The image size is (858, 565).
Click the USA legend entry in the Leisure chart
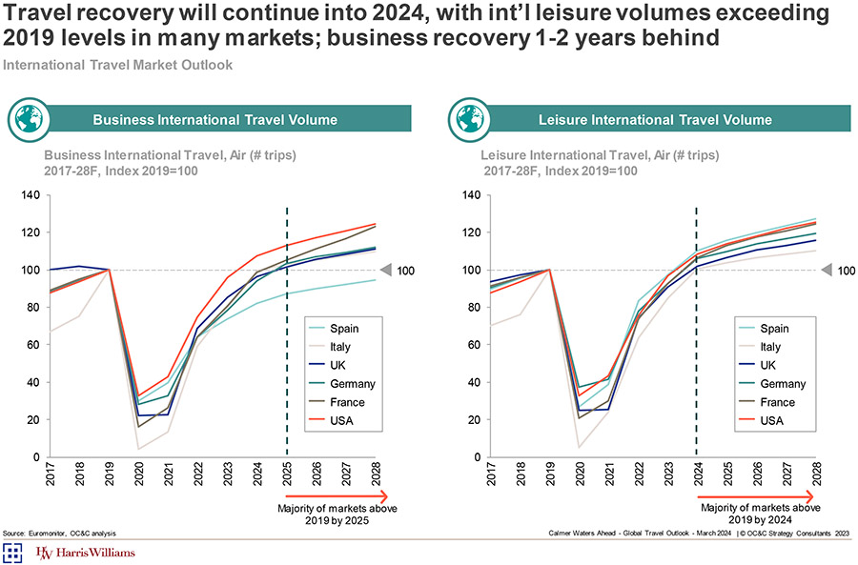click(771, 420)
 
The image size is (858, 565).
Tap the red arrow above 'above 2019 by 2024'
click(766, 495)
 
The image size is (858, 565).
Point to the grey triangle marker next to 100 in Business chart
click(385, 270)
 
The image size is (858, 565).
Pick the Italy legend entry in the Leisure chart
click(771, 347)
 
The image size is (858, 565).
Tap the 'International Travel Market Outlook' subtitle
click(118, 65)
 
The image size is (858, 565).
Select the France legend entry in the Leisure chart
click(777, 402)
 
